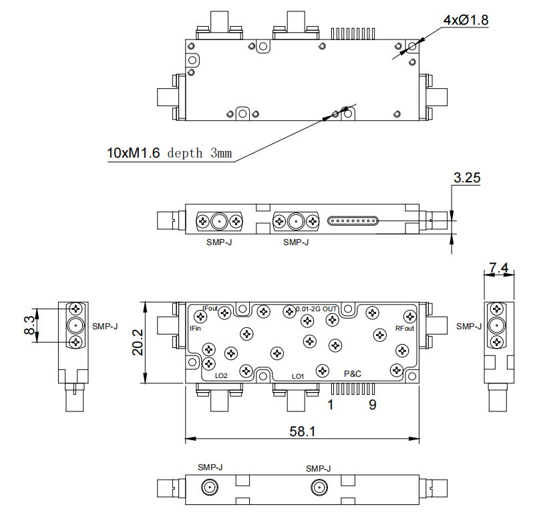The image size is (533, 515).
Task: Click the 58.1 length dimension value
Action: click(302, 432)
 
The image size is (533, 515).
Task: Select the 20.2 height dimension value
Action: click(138, 342)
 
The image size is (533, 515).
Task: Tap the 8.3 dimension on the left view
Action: click(29, 325)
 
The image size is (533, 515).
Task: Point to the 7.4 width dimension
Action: click(499, 268)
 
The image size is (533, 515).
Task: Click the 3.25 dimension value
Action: click(467, 178)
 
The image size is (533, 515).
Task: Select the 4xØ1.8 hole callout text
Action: click(466, 20)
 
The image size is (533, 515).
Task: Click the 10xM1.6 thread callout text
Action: click(134, 153)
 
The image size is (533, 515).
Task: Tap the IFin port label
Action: click(195, 329)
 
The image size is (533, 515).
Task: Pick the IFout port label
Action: click(210, 309)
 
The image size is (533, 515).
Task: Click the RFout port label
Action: click(405, 329)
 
